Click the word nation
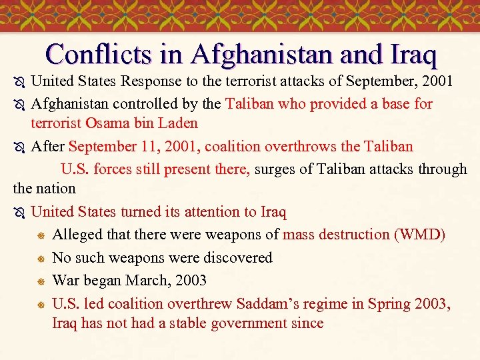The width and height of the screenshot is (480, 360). tap(57, 189)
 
